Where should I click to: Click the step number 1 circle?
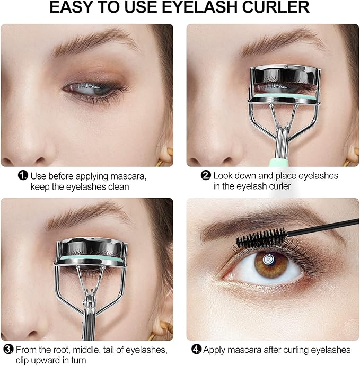(23, 176)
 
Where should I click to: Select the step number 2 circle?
(206, 176)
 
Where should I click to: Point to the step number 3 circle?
(8, 349)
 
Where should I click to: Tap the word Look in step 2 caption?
(223, 176)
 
